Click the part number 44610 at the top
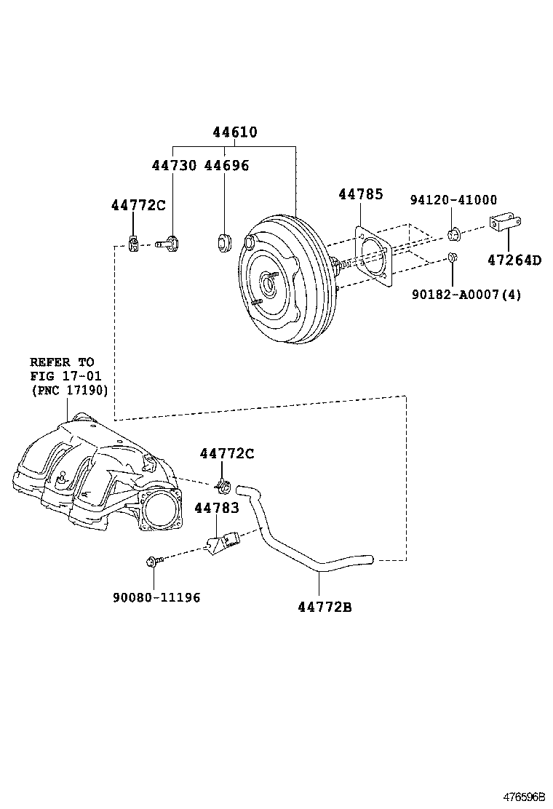[x=235, y=132]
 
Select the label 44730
[x=174, y=165]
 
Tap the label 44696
[x=226, y=165]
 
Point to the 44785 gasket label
[x=361, y=194]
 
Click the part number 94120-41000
[x=453, y=199]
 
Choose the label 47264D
[x=514, y=260]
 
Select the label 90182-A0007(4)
[x=466, y=295]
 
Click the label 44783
[x=217, y=508]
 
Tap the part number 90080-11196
[x=156, y=597]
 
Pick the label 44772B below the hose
[x=325, y=607]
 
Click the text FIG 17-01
[x=65, y=376]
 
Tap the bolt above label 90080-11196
[x=154, y=561]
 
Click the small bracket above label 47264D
[x=504, y=223]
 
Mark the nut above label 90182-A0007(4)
[x=453, y=257]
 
